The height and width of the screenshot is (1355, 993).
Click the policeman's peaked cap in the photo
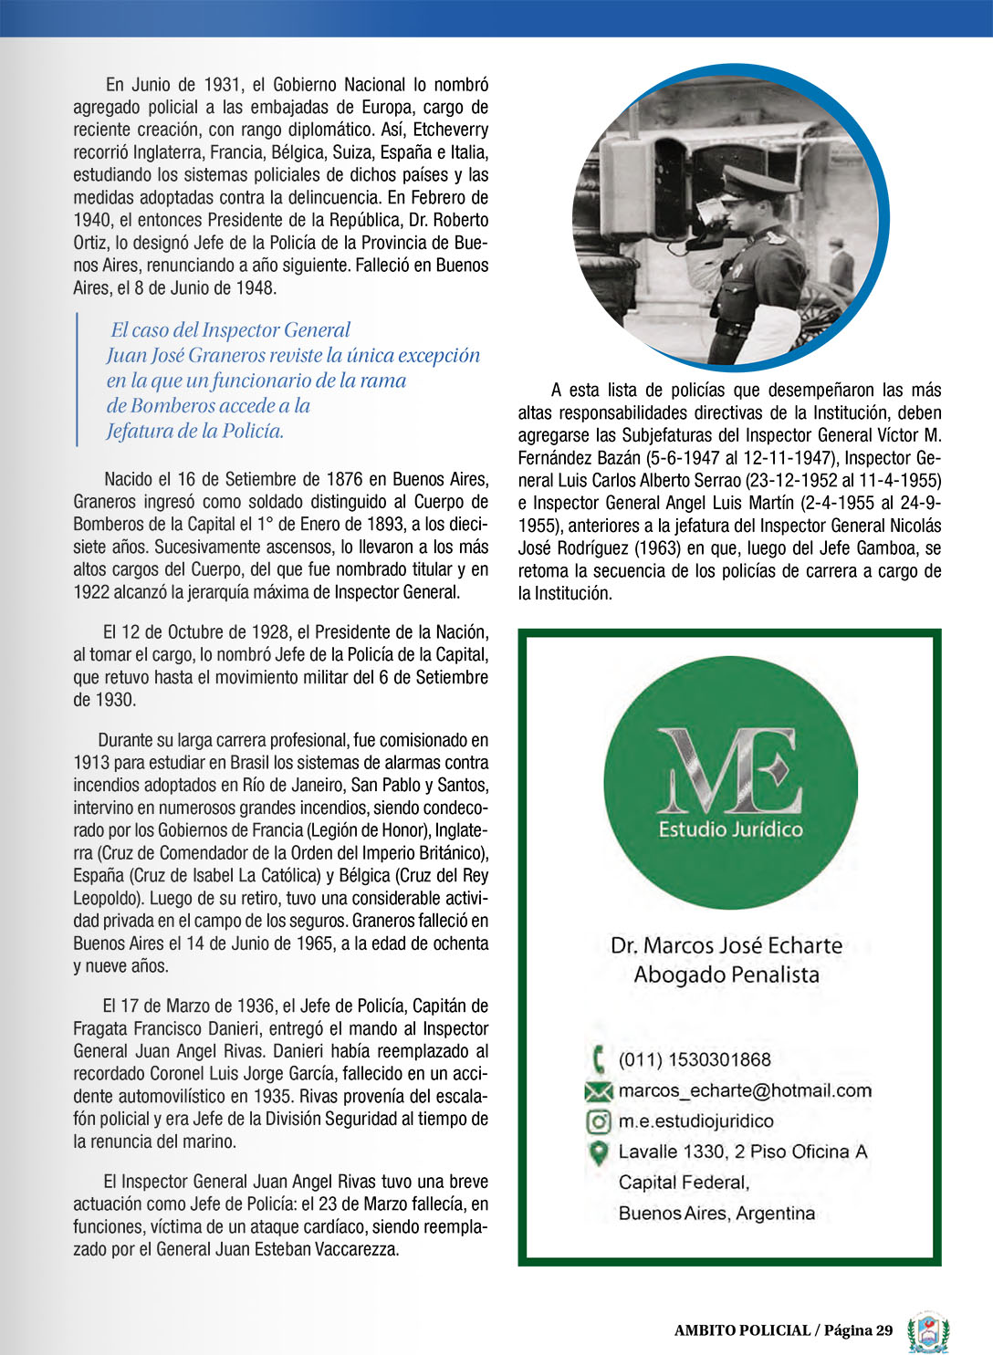(757, 183)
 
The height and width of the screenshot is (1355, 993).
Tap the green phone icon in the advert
(599, 1059)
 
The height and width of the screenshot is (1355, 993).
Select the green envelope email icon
(598, 1091)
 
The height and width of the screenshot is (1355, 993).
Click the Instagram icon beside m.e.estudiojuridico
(598, 1121)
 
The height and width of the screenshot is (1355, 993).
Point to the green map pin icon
(598, 1152)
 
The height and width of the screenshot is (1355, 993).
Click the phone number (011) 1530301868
(695, 1059)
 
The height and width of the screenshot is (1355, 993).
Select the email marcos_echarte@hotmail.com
(745, 1090)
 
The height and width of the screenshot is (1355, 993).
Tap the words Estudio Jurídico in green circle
(730, 829)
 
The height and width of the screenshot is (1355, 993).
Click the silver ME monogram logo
(729, 771)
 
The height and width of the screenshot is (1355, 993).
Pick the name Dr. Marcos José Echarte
(726, 945)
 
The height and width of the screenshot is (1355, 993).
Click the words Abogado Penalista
(726, 975)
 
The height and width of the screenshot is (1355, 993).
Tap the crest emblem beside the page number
(928, 1332)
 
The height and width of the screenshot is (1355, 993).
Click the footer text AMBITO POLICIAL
(742, 1330)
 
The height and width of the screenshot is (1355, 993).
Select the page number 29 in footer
(883, 1330)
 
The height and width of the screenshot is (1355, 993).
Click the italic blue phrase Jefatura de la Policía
(195, 431)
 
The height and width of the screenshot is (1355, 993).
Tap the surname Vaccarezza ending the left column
(356, 1249)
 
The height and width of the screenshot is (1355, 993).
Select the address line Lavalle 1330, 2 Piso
(743, 1152)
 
